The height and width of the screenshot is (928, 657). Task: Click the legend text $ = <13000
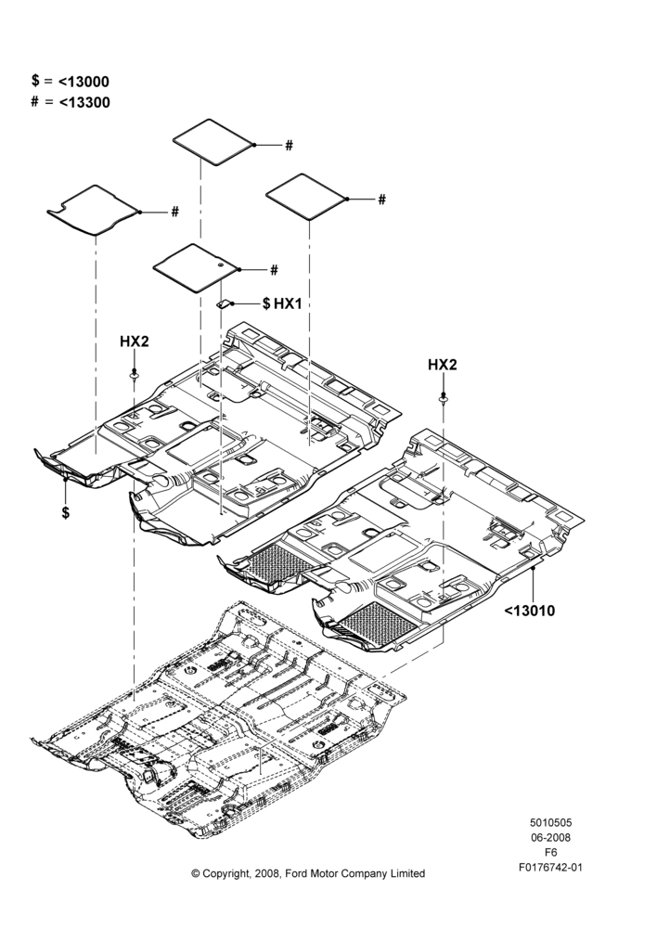71,81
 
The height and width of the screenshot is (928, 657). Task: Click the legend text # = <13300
71,102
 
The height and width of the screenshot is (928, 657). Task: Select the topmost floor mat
213,142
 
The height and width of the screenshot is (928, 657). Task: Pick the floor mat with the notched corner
94,210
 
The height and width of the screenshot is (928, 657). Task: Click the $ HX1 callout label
282,303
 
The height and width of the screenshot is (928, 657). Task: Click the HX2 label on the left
135,342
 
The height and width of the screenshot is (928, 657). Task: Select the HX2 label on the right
442,365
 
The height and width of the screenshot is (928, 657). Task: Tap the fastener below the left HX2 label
135,376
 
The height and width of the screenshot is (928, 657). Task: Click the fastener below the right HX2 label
442,399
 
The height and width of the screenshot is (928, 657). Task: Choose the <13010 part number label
530,611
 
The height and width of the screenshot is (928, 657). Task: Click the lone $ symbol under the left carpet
66,512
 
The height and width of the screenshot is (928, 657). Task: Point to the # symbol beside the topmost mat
289,145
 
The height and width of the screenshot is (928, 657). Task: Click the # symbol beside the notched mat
174,212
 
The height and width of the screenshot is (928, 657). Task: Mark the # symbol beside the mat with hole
274,270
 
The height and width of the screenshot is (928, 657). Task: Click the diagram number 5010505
550,822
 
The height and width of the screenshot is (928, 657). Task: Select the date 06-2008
550,837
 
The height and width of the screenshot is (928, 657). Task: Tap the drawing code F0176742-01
550,868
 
